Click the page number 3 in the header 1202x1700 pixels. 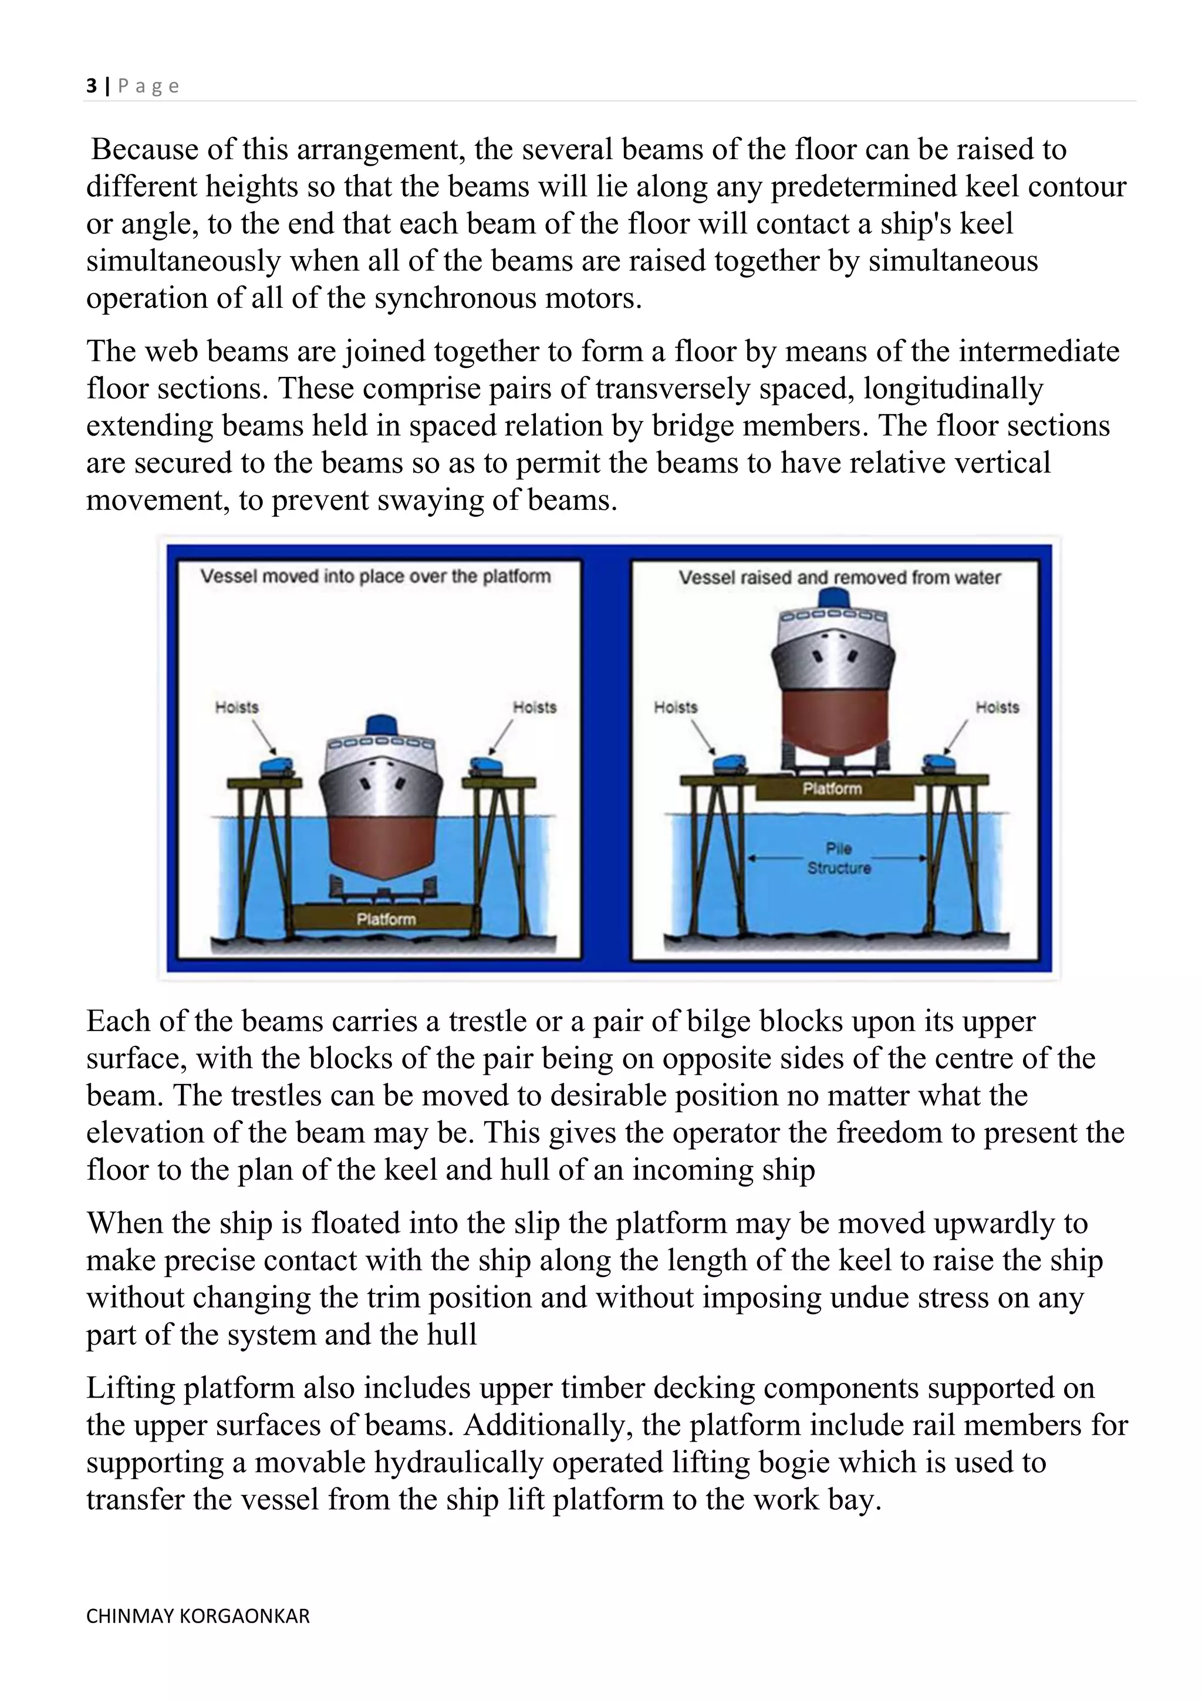pos(92,87)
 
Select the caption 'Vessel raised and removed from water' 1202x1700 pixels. pos(839,577)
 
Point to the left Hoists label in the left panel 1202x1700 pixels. pos(237,707)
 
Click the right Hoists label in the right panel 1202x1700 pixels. pos(997,707)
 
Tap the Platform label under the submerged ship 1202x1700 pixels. pos(386,919)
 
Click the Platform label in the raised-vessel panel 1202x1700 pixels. pos(832,789)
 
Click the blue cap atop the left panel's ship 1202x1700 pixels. pos(382,724)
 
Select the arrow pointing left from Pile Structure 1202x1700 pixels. pos(774,858)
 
